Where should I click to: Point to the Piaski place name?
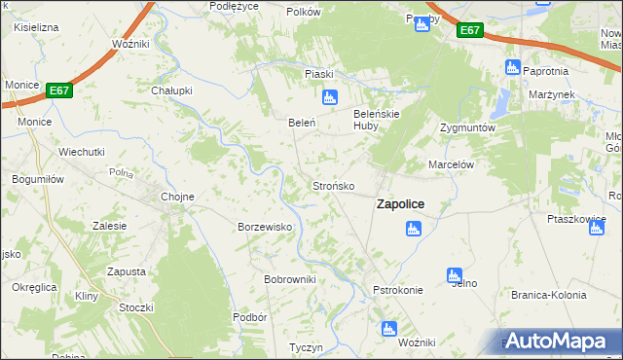319,74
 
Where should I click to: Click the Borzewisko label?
266,227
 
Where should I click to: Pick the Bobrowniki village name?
290,279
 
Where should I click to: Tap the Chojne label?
177,197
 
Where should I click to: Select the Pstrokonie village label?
397,290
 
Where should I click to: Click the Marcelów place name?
451,165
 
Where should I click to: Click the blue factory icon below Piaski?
329,97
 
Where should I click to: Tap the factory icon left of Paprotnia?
513,67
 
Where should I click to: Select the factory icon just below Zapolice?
413,229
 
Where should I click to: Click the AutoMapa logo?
560,341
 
